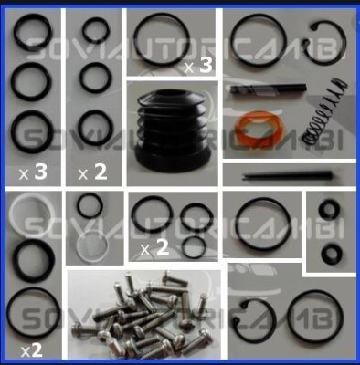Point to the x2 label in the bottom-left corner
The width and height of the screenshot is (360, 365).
tap(31, 349)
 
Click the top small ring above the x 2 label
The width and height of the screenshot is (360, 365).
tap(95, 32)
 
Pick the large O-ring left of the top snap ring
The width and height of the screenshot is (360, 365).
tap(260, 42)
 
